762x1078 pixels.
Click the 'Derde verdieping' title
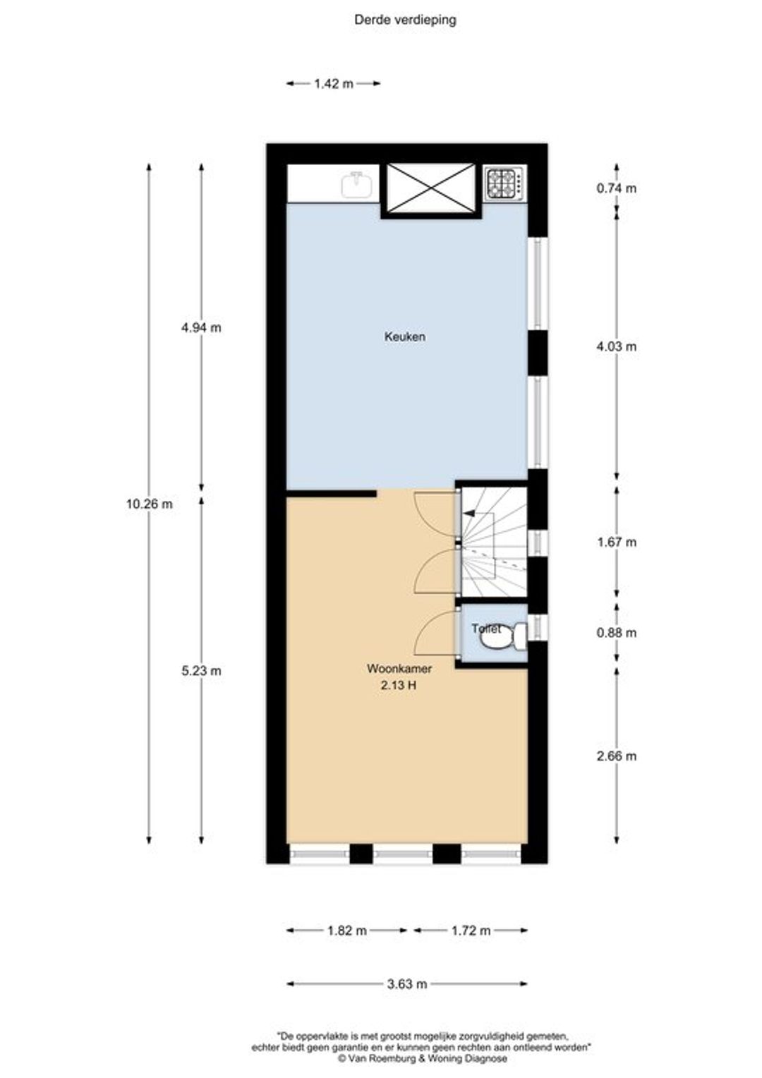[405, 20]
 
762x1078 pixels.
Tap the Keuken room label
[404, 337]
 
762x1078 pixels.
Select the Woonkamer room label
[399, 668]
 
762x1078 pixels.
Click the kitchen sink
[357, 184]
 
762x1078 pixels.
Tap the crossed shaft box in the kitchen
[431, 188]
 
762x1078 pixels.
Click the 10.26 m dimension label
[149, 504]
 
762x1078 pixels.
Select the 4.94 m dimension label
[201, 328]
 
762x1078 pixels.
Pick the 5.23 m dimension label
[201, 670]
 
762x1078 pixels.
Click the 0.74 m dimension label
[616, 188]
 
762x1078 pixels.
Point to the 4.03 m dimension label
[616, 346]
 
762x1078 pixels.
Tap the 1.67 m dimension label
[616, 542]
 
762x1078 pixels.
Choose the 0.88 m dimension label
[616, 632]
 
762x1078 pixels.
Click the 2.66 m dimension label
[616, 756]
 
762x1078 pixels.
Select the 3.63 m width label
[407, 983]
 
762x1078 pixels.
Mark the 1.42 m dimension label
[334, 84]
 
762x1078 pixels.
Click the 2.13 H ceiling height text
[399, 685]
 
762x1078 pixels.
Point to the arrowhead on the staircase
[468, 514]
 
